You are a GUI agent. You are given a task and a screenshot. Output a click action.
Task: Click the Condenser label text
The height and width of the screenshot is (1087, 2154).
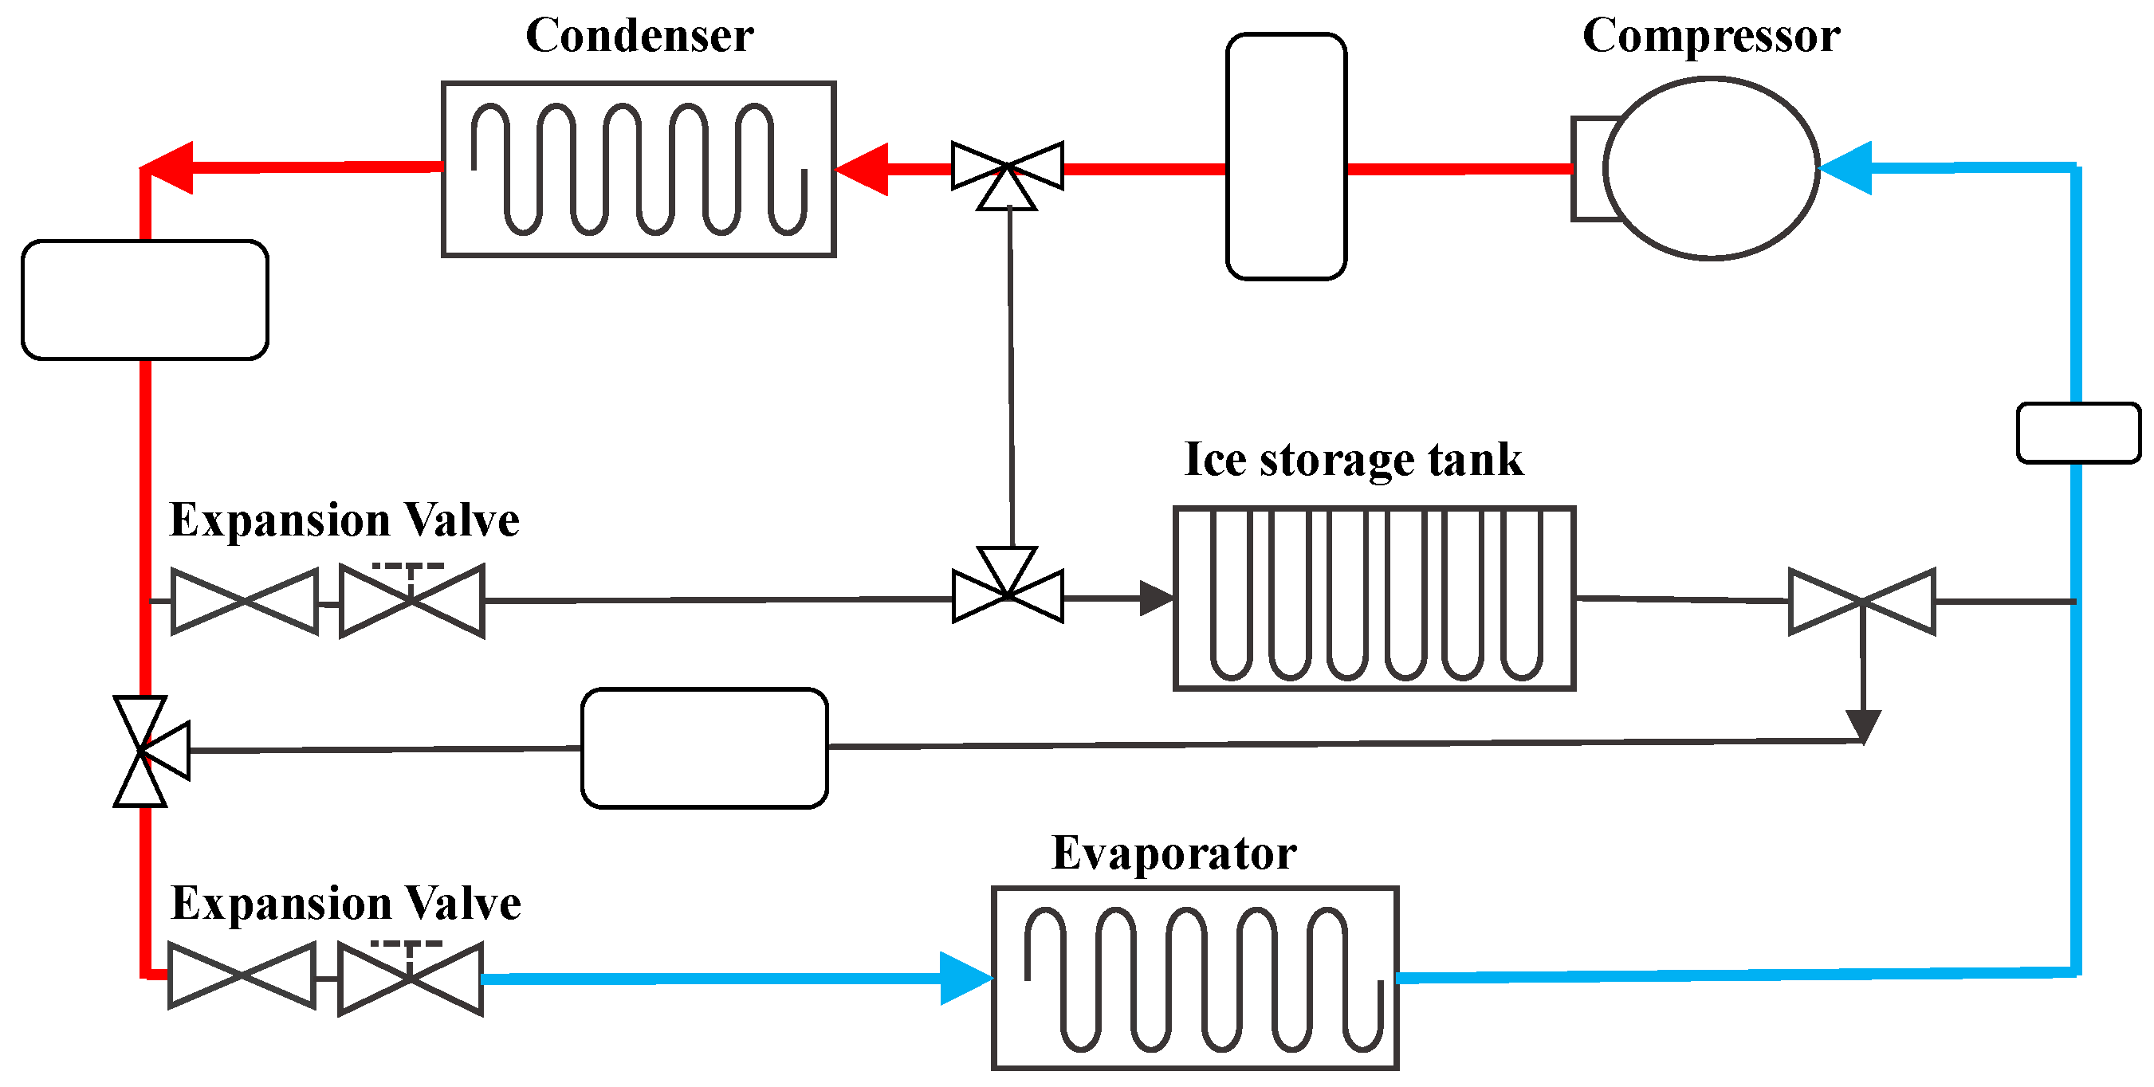[639, 36]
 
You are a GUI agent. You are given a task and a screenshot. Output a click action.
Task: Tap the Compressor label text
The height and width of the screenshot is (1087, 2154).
[1711, 36]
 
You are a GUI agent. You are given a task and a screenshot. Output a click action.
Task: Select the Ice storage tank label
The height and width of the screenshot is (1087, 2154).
[1353, 459]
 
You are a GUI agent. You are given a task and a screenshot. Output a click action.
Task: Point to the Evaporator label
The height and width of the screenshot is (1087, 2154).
[1173, 853]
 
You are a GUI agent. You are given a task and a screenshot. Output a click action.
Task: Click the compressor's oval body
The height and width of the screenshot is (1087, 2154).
[1711, 168]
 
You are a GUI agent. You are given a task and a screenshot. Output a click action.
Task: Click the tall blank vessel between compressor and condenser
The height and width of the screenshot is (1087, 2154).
[1285, 156]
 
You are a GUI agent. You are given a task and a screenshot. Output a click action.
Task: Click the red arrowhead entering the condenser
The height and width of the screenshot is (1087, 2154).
[863, 169]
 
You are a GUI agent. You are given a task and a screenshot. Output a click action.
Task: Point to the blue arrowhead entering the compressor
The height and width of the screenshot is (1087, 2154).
[1846, 168]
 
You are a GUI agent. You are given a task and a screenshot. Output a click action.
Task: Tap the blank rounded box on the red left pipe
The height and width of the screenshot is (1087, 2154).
[144, 300]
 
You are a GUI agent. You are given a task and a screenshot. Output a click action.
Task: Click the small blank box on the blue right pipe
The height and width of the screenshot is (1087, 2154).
[2077, 432]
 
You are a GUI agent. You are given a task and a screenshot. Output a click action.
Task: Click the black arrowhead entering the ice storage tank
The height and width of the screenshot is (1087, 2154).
[1157, 598]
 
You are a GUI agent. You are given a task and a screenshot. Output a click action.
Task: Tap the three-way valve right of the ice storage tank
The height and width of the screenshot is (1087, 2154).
[1861, 601]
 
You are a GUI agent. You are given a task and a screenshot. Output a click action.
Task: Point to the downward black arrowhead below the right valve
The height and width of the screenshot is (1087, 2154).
[1863, 724]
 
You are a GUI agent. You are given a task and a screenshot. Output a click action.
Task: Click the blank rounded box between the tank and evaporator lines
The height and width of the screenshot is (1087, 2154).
[704, 748]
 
